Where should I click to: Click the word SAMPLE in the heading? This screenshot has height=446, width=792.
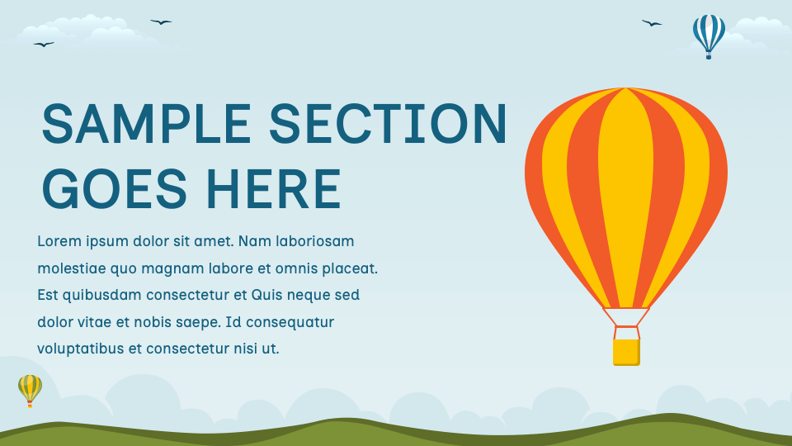click(x=146, y=124)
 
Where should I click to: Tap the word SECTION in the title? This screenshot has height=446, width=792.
click(x=388, y=124)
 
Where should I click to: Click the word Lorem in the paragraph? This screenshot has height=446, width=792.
click(x=59, y=241)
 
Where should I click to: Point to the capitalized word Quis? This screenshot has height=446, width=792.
click(x=267, y=295)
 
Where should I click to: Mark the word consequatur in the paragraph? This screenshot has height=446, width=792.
click(x=291, y=322)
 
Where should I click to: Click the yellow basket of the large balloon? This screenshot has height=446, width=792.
click(x=626, y=352)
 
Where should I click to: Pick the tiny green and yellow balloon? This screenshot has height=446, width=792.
click(x=30, y=388)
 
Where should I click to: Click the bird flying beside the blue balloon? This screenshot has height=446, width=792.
click(x=652, y=23)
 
